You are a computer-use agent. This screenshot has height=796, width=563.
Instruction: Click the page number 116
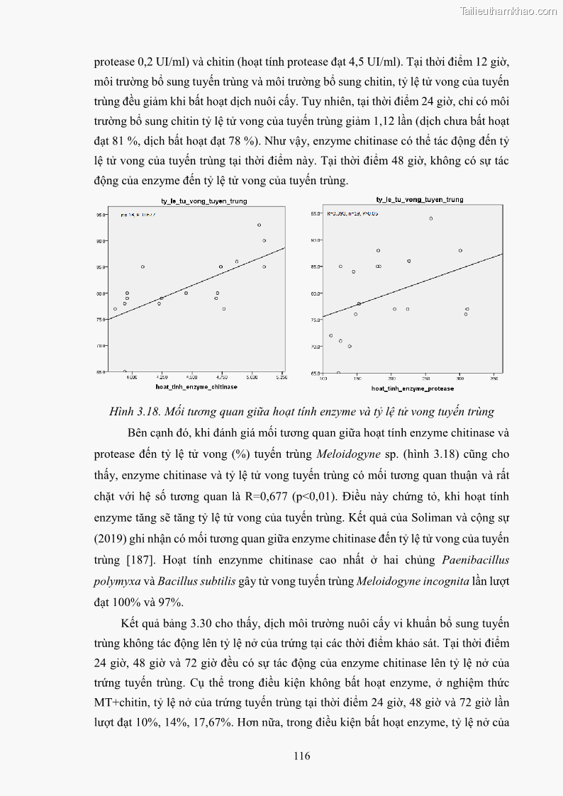301,756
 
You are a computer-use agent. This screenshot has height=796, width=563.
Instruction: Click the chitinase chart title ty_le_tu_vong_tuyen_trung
203,201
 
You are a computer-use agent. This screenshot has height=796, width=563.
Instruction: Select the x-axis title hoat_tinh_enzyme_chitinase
196,387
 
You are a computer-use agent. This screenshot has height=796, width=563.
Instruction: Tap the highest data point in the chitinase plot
259,225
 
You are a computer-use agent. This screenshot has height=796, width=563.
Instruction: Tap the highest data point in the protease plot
430,218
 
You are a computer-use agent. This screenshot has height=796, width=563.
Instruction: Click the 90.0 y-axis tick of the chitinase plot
101,241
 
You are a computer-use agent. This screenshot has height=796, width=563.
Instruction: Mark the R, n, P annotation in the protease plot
352,213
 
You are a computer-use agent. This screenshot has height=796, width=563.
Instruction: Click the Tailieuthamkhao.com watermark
508,11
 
